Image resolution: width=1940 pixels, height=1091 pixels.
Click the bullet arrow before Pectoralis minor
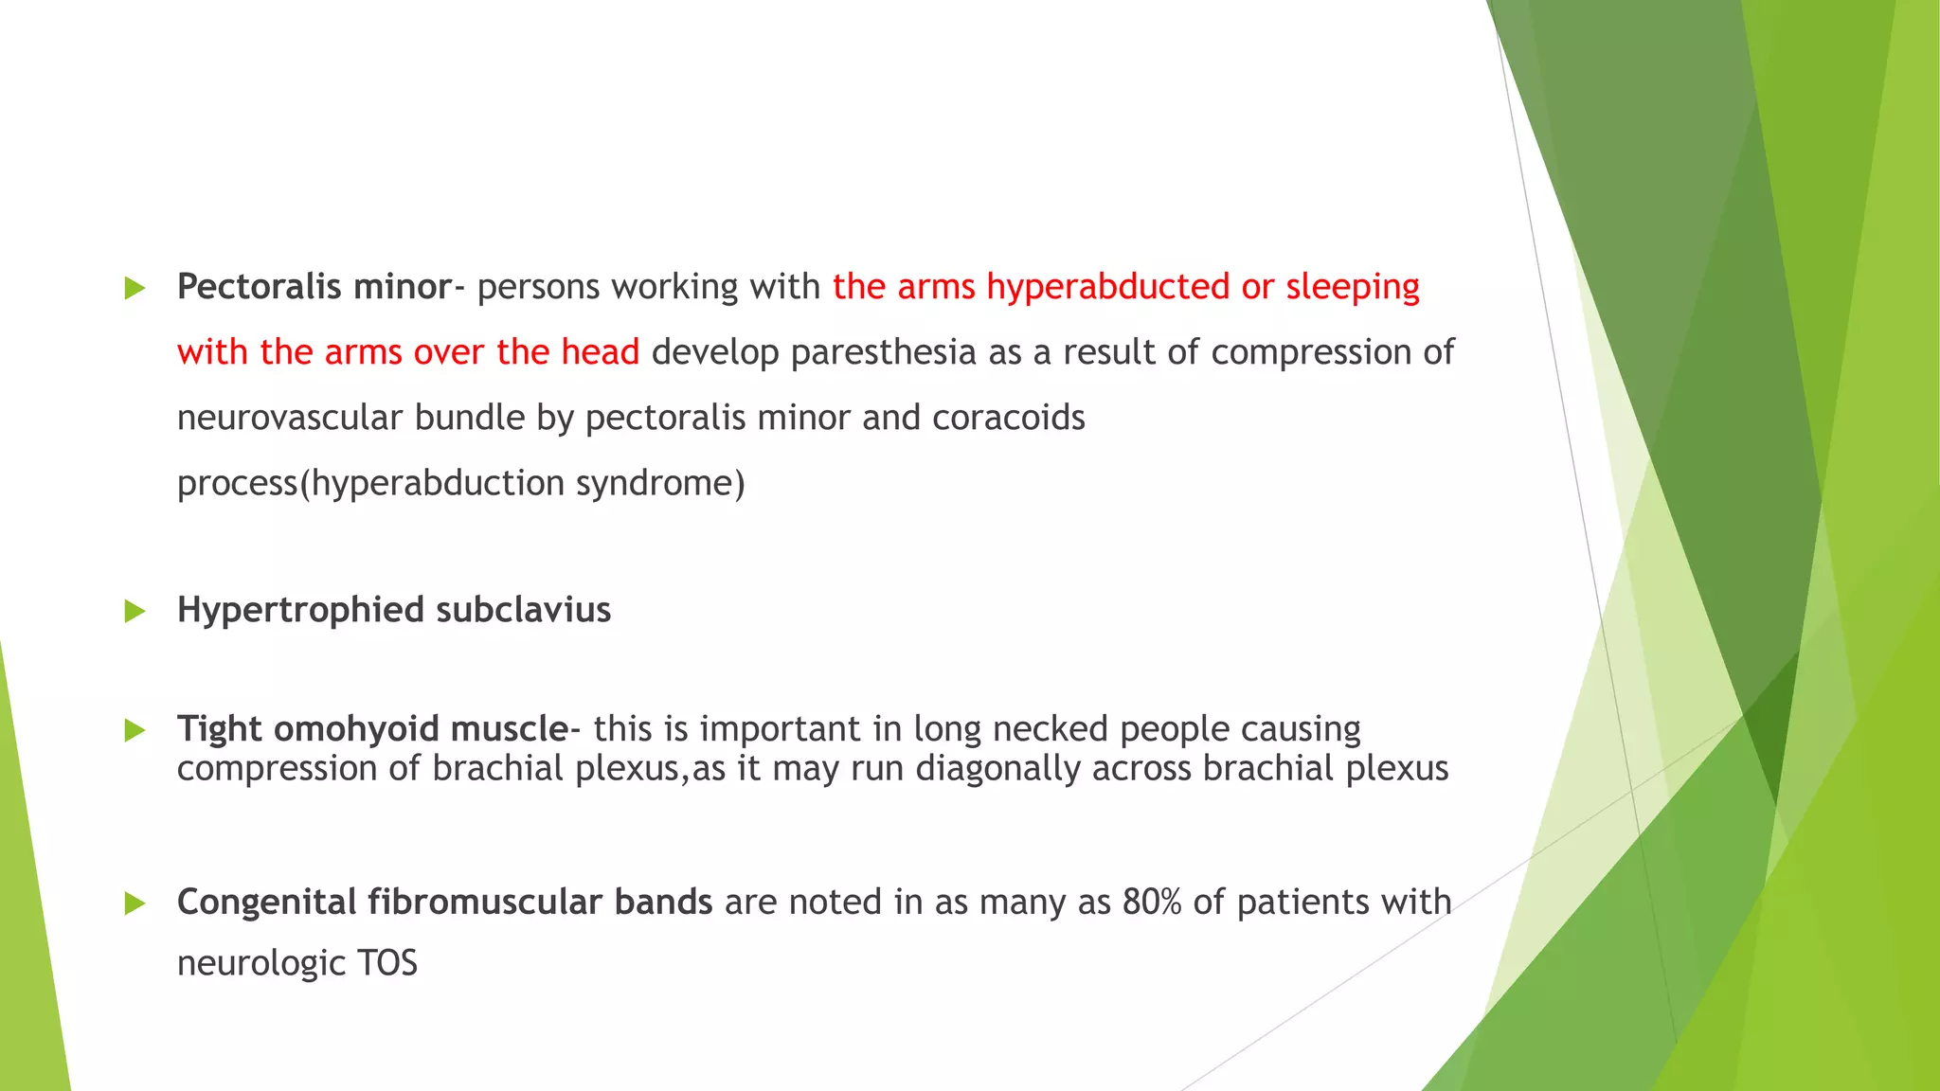click(x=135, y=289)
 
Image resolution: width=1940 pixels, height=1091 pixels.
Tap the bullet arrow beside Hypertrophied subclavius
click(x=135, y=612)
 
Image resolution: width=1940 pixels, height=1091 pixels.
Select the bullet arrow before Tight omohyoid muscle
click(x=135, y=730)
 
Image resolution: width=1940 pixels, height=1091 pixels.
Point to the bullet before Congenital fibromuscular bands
click(x=135, y=903)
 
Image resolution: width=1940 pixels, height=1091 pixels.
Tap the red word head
click(x=601, y=352)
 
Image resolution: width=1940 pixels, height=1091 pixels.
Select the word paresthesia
click(x=883, y=352)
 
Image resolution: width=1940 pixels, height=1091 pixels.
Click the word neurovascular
click(x=290, y=418)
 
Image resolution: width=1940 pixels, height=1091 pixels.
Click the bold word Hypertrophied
click(x=300, y=610)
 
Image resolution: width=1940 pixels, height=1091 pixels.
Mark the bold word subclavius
click(x=523, y=610)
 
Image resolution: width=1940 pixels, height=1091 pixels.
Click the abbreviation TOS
click(x=387, y=964)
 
